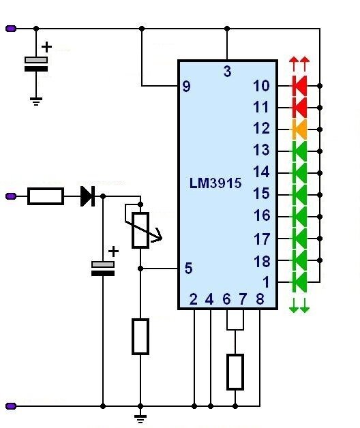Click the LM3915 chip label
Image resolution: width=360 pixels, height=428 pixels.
(x=215, y=183)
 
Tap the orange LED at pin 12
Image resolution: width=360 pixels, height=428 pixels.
(x=299, y=129)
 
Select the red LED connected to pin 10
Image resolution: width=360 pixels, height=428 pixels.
(x=299, y=86)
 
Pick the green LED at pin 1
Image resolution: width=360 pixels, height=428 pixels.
(x=299, y=282)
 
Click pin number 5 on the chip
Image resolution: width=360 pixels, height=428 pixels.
(x=188, y=268)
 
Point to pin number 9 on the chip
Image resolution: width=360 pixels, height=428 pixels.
(x=186, y=87)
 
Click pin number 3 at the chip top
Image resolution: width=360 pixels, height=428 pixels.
(x=227, y=72)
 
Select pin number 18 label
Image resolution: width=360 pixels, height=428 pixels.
(x=262, y=261)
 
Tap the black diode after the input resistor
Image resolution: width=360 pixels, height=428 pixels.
(x=88, y=196)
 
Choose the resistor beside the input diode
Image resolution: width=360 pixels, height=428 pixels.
(x=46, y=196)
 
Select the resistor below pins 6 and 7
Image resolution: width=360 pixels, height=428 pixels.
(x=235, y=371)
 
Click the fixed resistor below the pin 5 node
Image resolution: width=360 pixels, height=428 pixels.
(x=140, y=336)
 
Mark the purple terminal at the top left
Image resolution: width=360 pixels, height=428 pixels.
(x=11, y=29)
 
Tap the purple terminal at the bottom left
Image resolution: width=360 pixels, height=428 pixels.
(x=11, y=406)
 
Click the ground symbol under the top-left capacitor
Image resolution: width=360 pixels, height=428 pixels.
(x=36, y=101)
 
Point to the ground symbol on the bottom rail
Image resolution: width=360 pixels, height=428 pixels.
(x=140, y=418)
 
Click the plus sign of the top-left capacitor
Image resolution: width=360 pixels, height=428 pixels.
(x=47, y=47)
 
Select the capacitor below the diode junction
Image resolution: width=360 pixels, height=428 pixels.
(x=103, y=269)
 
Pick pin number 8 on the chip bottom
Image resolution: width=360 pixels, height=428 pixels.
(x=260, y=299)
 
